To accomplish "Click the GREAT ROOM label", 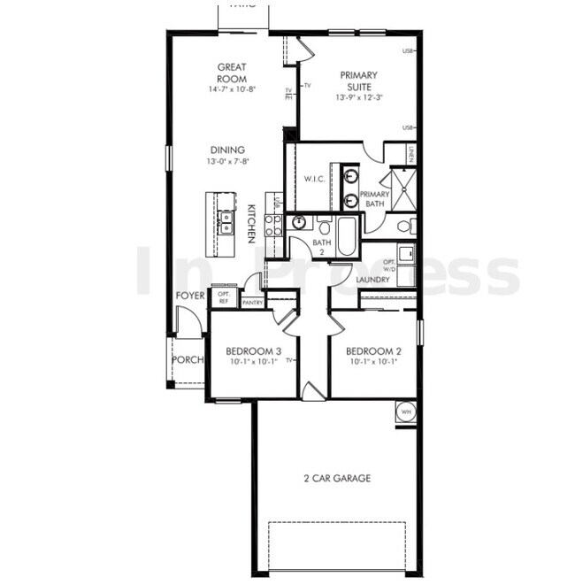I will click(x=231, y=73).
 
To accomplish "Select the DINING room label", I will click(x=226, y=150).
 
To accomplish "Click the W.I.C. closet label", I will click(x=316, y=178).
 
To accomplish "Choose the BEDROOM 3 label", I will click(x=247, y=350).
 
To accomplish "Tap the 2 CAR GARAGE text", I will click(x=337, y=479).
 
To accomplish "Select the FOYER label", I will click(x=190, y=296).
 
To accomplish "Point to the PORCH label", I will click(x=188, y=360).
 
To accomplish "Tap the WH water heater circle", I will click(x=406, y=412).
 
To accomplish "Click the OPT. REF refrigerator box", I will click(x=223, y=297).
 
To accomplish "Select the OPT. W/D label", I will click(x=390, y=266).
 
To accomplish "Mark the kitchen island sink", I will click(x=226, y=221).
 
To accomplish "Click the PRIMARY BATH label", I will click(x=375, y=198).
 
